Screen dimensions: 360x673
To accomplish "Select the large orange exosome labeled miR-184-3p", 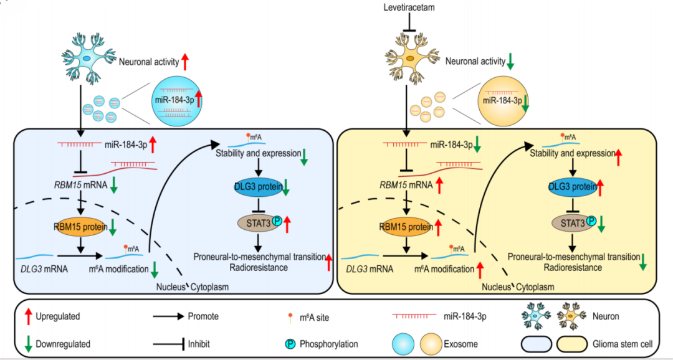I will click(502, 100).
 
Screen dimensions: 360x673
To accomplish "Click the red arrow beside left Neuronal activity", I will click(185, 60).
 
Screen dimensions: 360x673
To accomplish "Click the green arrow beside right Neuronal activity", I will click(511, 60).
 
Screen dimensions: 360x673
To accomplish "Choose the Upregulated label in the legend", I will click(58, 316).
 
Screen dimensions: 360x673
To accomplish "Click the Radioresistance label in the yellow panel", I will click(571, 267).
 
